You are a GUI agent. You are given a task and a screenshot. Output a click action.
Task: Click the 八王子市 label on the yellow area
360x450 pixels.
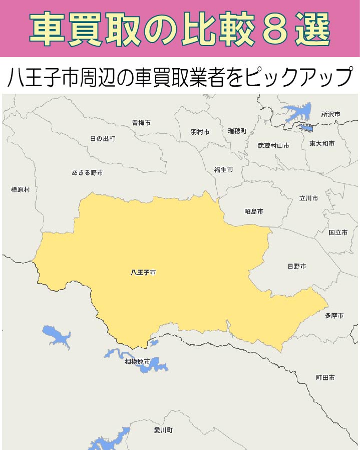pyautogui.click(x=143, y=273)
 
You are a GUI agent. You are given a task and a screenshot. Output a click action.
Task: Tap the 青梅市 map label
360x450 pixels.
pyautogui.click(x=141, y=122)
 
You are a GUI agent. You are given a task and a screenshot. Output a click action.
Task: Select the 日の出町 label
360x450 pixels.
pyautogui.click(x=103, y=138)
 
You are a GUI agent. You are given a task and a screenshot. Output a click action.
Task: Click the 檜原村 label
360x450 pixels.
pyautogui.click(x=21, y=190)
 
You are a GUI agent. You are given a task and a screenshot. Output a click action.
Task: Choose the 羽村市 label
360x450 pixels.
pyautogui.click(x=200, y=132)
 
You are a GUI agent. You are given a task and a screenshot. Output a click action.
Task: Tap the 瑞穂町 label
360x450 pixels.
pyautogui.click(x=237, y=131)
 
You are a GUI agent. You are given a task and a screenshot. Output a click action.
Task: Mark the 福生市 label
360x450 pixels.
pyautogui.click(x=223, y=170)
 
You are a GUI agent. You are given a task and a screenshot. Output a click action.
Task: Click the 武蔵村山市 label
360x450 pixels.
pyautogui.click(x=273, y=146)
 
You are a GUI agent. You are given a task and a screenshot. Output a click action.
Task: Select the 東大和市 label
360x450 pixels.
pyautogui.click(x=322, y=144)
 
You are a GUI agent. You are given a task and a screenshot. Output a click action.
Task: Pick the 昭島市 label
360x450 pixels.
pyautogui.click(x=254, y=211)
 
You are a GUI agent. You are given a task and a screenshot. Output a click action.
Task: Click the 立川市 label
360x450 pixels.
pyautogui.click(x=308, y=198)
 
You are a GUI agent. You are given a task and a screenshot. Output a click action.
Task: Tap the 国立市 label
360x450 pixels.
pyautogui.click(x=338, y=233)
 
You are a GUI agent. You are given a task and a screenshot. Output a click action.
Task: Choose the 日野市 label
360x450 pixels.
pyautogui.click(x=296, y=266)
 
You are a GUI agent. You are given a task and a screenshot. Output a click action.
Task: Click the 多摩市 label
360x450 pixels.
pyautogui.click(x=334, y=316)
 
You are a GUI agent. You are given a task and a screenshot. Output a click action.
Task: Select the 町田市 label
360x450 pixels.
pyautogui.click(x=325, y=377)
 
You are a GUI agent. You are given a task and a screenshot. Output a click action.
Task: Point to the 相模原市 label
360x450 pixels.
pyautogui.click(x=137, y=361)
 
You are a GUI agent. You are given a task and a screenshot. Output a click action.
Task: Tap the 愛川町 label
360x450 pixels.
pyautogui.click(x=164, y=430)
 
